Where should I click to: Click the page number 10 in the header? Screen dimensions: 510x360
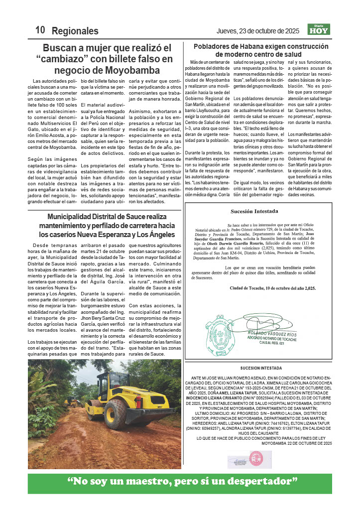click(40, 30)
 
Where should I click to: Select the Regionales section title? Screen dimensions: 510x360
click(75, 31)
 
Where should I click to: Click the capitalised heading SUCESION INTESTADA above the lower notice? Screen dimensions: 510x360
click(257, 368)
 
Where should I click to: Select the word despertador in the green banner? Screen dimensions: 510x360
click(263, 482)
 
